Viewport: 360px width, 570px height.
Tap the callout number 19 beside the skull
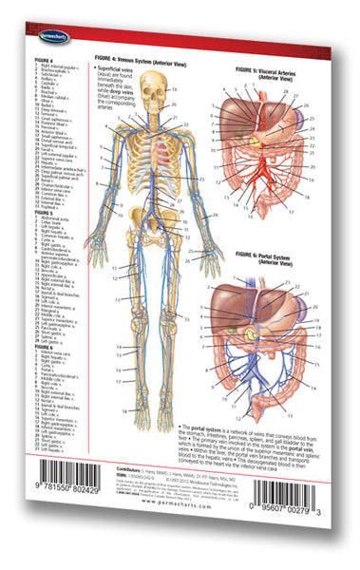click(x=174, y=88)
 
